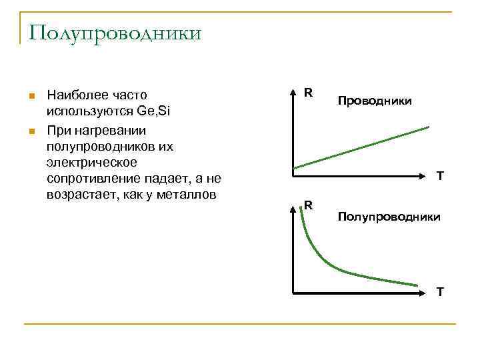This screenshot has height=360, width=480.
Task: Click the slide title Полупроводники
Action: click(x=114, y=33)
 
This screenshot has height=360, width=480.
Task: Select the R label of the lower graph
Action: click(x=309, y=205)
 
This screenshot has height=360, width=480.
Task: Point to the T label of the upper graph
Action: click(x=440, y=177)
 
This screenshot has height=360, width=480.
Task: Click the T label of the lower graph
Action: click(x=440, y=291)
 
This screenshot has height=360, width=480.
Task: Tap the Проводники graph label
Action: click(x=374, y=101)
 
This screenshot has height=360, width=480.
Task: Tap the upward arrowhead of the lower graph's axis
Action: click(x=294, y=207)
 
